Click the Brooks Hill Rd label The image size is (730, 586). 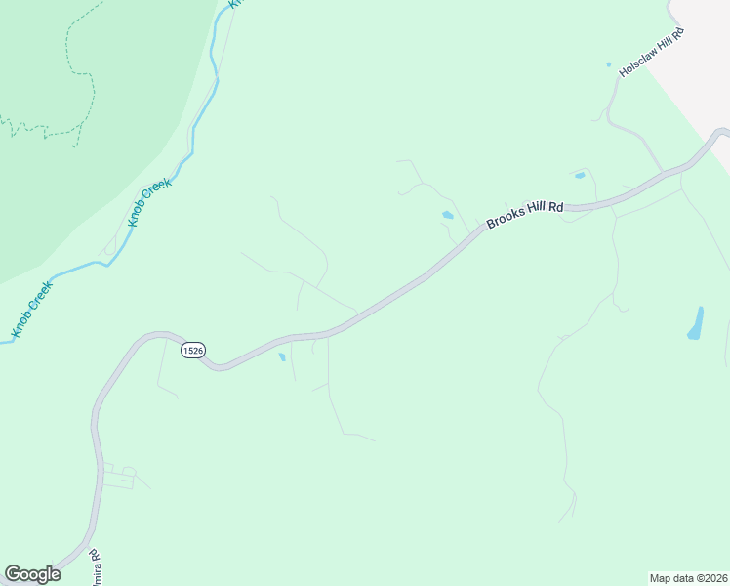point(525,214)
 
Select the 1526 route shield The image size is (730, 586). point(193,350)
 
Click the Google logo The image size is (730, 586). point(32,574)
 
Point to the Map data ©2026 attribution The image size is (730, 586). point(688,577)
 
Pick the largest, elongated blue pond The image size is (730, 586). point(696,324)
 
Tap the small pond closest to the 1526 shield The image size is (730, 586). point(282,357)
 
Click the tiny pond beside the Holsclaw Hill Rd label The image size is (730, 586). point(608,65)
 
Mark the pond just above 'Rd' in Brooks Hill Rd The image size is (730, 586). point(580,176)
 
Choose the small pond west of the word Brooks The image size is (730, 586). point(447,215)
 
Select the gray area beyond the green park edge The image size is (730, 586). point(708,59)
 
